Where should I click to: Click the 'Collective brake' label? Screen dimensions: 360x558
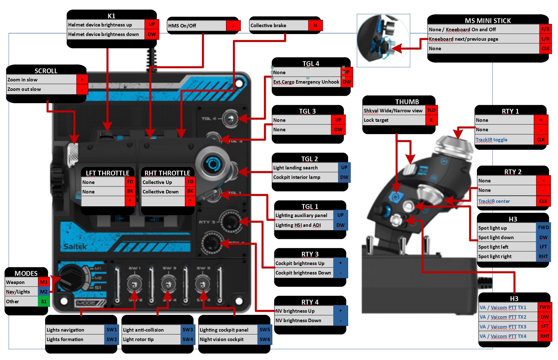[x=268, y=26]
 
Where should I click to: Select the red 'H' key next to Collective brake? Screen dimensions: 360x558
[x=315, y=26]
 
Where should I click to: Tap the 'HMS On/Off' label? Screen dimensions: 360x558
[x=182, y=26]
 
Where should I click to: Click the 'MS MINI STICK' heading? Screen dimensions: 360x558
[x=488, y=21]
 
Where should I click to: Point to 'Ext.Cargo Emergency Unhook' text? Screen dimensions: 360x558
[x=306, y=82]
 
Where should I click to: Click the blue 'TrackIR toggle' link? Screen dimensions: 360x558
[x=491, y=140]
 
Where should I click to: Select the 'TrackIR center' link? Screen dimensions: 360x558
[x=494, y=201]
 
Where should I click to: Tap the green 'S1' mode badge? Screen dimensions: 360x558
[x=44, y=302]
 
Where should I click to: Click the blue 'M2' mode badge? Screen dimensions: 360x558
[x=44, y=292]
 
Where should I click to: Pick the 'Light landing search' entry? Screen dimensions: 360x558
[x=295, y=168]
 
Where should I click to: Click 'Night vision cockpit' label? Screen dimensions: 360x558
[x=222, y=339]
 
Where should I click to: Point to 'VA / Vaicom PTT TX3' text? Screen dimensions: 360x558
[x=503, y=327]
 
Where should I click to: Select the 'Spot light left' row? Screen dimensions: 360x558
[x=493, y=247]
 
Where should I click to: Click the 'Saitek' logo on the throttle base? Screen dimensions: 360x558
[x=75, y=246]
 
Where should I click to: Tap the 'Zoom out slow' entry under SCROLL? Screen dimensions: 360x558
[x=24, y=89]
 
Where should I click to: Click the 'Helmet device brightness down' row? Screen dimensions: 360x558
[x=104, y=34]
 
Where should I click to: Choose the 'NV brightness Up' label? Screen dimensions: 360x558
[x=295, y=311]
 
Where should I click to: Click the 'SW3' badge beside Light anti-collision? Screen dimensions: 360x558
[x=187, y=330]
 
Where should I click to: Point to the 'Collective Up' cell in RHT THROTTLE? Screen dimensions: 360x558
[x=157, y=182]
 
